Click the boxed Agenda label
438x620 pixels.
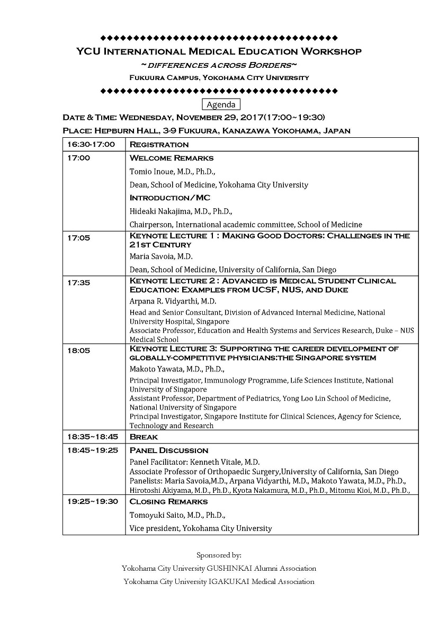pyautogui.click(x=221, y=104)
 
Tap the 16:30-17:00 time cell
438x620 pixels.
pyautogui.click(x=91, y=144)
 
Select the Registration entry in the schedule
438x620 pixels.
pyautogui.click(x=159, y=144)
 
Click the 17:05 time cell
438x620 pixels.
pyautogui.click(x=78, y=238)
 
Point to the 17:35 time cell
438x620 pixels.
pyautogui.click(x=78, y=282)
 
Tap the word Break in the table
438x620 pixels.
pyautogui.click(x=144, y=437)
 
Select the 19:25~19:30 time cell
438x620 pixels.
pyautogui.click(x=93, y=501)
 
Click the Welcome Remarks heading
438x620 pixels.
pyautogui.click(x=172, y=158)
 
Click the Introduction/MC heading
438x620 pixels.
pyautogui.click(x=169, y=198)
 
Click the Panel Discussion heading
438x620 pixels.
pyautogui.click(x=169, y=450)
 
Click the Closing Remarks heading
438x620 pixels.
pyautogui.click(x=168, y=501)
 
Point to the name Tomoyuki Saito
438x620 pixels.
pyautogui.click(x=154, y=515)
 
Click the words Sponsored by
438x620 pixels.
pyautogui.click(x=219, y=555)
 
